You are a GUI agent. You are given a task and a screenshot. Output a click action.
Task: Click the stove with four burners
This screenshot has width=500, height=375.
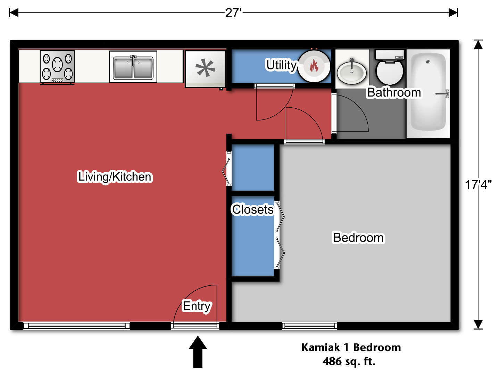point(57,67)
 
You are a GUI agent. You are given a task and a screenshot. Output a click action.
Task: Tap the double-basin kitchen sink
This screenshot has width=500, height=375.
point(133,67)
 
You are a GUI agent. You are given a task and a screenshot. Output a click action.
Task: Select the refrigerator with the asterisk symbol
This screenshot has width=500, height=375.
point(205,68)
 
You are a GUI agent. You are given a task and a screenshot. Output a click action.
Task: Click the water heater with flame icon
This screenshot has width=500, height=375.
point(314,66)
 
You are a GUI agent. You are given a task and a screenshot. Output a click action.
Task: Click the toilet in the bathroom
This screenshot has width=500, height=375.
point(390,68)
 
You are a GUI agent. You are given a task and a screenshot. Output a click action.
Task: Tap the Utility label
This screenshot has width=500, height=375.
point(281,65)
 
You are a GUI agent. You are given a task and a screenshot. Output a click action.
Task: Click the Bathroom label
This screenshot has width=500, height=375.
point(394,93)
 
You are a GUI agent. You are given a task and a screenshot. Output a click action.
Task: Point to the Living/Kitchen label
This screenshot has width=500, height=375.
point(115,177)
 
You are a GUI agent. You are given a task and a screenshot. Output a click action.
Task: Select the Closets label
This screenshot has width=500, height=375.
point(253,210)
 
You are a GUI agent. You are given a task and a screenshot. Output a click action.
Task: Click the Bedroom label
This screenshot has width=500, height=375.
point(358,238)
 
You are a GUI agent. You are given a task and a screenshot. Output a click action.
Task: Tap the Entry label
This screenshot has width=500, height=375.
point(197,306)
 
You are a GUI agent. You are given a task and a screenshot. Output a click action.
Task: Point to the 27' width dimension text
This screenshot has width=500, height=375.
point(233,13)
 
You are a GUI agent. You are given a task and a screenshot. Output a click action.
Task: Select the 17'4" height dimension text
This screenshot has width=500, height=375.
point(478,185)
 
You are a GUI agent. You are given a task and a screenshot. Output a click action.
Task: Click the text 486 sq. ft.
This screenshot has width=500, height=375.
point(349,361)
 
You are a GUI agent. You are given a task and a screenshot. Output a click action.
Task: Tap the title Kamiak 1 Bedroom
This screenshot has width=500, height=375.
point(351,347)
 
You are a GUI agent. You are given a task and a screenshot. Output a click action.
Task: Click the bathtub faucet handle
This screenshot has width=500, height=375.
point(443,94)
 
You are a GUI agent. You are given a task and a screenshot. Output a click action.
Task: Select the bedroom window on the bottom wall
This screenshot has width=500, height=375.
point(310,326)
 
